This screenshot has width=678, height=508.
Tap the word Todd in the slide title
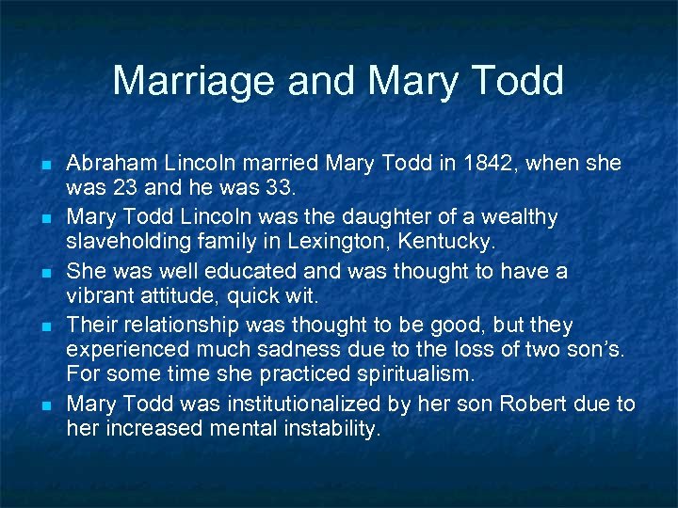pos(516,81)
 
